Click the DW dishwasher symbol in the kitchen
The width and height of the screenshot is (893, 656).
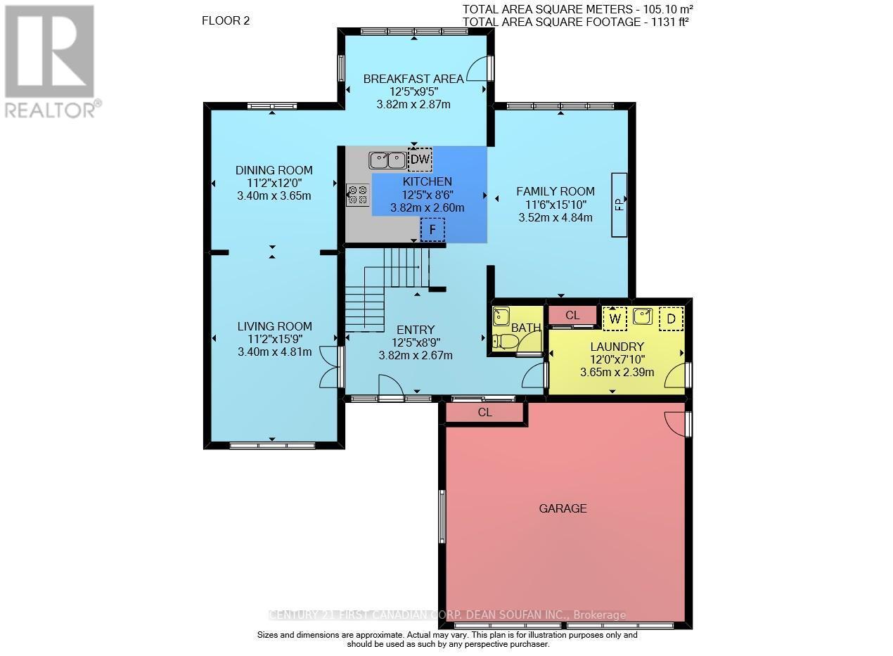click(x=420, y=160)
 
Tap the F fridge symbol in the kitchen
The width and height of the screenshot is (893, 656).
click(x=432, y=229)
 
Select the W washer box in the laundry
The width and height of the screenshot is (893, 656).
click(x=615, y=319)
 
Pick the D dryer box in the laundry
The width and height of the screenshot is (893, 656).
click(x=671, y=319)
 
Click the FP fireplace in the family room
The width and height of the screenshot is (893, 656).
click(x=619, y=205)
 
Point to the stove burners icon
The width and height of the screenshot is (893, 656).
click(x=358, y=195)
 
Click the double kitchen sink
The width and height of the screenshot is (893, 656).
click(x=387, y=160)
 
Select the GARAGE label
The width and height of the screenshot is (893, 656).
click(x=563, y=508)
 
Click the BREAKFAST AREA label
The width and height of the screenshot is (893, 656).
click(x=413, y=79)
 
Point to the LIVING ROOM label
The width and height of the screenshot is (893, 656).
click(x=274, y=326)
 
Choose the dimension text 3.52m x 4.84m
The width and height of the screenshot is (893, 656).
click(x=555, y=217)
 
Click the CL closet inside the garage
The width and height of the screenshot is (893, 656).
click(x=484, y=413)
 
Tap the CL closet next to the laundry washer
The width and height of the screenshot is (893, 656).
click(x=572, y=316)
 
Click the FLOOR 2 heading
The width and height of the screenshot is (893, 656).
click(x=225, y=20)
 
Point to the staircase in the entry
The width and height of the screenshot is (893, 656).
click(x=387, y=288)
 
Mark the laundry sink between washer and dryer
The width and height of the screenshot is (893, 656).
click(x=643, y=317)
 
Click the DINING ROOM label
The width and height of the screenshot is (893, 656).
click(x=274, y=170)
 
